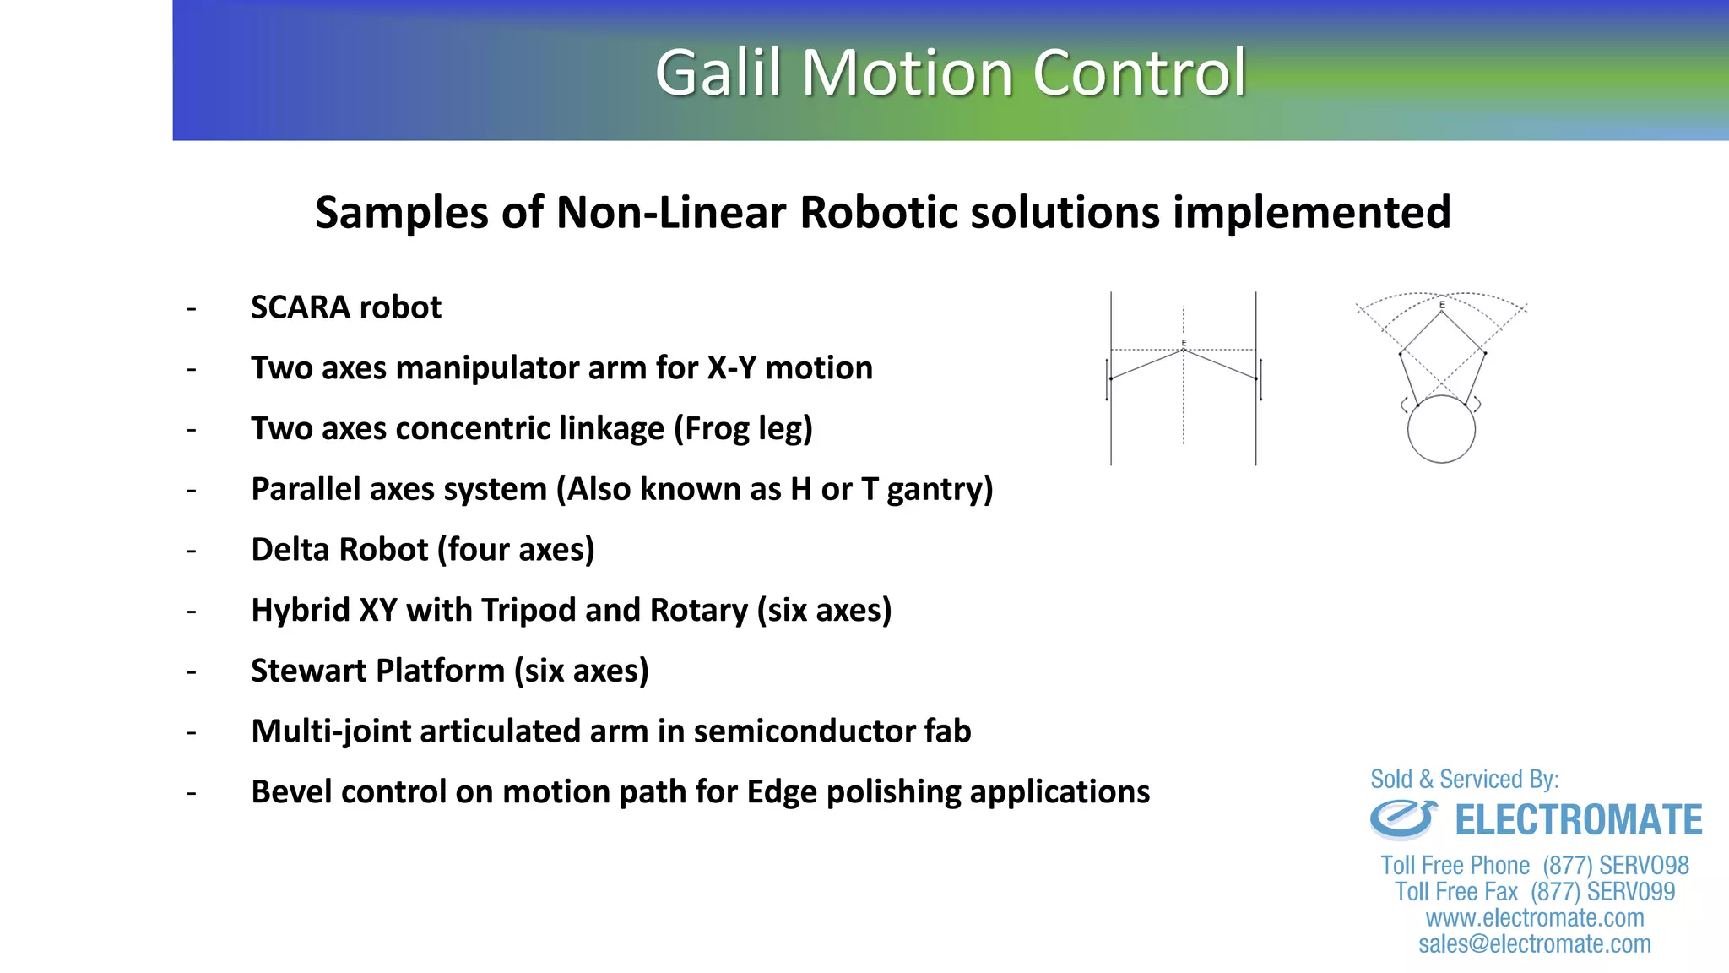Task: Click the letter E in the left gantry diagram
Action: click(1184, 343)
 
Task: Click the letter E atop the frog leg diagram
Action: click(1442, 305)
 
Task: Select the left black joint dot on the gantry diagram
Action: click(1111, 378)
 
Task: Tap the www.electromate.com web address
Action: click(1535, 918)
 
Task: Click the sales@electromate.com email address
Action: click(1535, 944)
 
